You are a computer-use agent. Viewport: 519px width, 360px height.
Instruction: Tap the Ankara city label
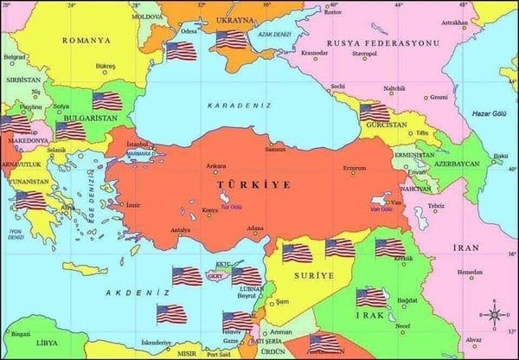pos(215,165)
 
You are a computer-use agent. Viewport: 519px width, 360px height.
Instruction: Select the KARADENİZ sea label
pos(239,105)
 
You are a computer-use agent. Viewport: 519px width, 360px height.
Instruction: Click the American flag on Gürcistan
pos(375,112)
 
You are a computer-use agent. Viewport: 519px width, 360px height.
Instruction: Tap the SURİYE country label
pos(314,275)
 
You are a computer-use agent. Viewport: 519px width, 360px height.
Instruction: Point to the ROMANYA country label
pos(86,40)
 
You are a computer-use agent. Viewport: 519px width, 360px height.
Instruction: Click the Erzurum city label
pos(355,168)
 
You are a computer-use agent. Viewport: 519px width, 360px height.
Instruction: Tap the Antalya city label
pos(180,230)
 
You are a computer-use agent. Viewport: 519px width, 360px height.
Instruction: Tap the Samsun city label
pos(275,149)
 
